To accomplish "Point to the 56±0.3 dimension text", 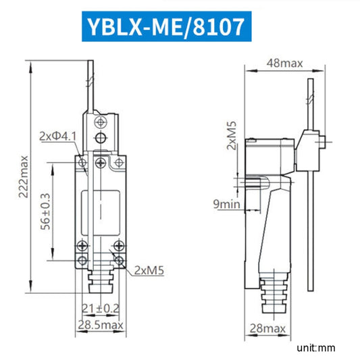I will click(44, 211).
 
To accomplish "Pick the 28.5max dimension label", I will click(100, 326).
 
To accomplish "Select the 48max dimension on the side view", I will click(284, 63).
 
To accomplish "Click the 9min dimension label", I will click(226, 202).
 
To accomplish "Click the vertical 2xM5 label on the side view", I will click(232, 136).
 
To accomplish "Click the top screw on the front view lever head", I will click(101, 122).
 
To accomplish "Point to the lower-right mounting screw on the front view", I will click(119, 260).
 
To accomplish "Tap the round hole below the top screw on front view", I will click(101, 140).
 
